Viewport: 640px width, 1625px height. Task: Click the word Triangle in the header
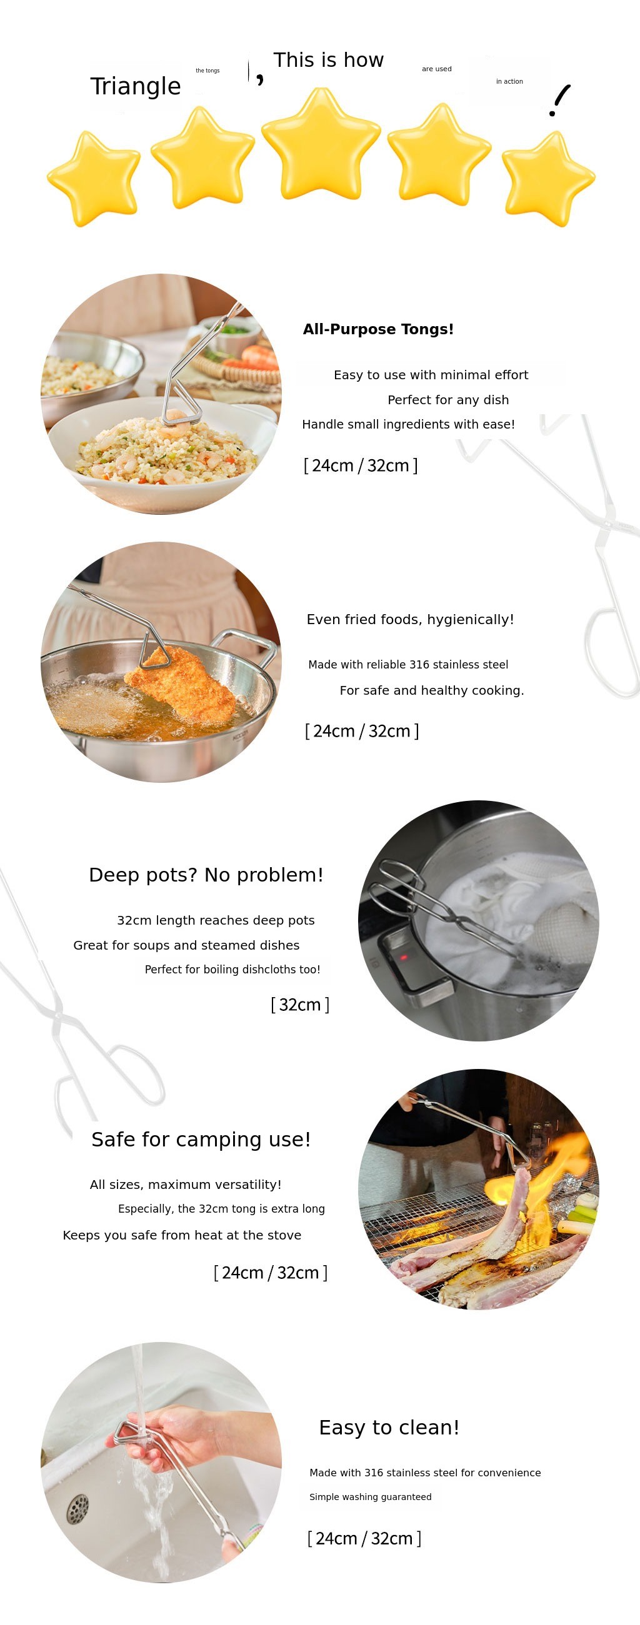pos(136,86)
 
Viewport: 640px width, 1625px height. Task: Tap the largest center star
pos(321,144)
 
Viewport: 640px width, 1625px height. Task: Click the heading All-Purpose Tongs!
pos(378,329)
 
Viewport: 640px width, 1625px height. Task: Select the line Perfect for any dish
pos(448,400)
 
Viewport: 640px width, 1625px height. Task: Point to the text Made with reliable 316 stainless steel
pos(408,664)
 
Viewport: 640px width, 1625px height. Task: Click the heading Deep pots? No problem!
pos(206,875)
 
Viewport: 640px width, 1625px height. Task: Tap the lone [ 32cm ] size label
pos(300,1004)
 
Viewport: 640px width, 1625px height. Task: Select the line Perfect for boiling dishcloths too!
pos(232,970)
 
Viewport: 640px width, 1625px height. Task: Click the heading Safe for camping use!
pos(201,1140)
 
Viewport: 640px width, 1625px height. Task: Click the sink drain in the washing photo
pos(77,1508)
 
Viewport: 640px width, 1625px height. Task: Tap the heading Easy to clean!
pos(389,1427)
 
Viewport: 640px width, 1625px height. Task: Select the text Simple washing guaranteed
pos(371,1497)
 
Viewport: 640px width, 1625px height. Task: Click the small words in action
pos(509,81)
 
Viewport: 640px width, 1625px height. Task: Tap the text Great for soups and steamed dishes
pos(186,945)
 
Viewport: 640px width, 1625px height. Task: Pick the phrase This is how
pos(328,60)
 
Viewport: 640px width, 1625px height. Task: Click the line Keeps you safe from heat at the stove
pos(182,1235)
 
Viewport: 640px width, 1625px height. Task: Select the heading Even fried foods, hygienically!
pos(410,620)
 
